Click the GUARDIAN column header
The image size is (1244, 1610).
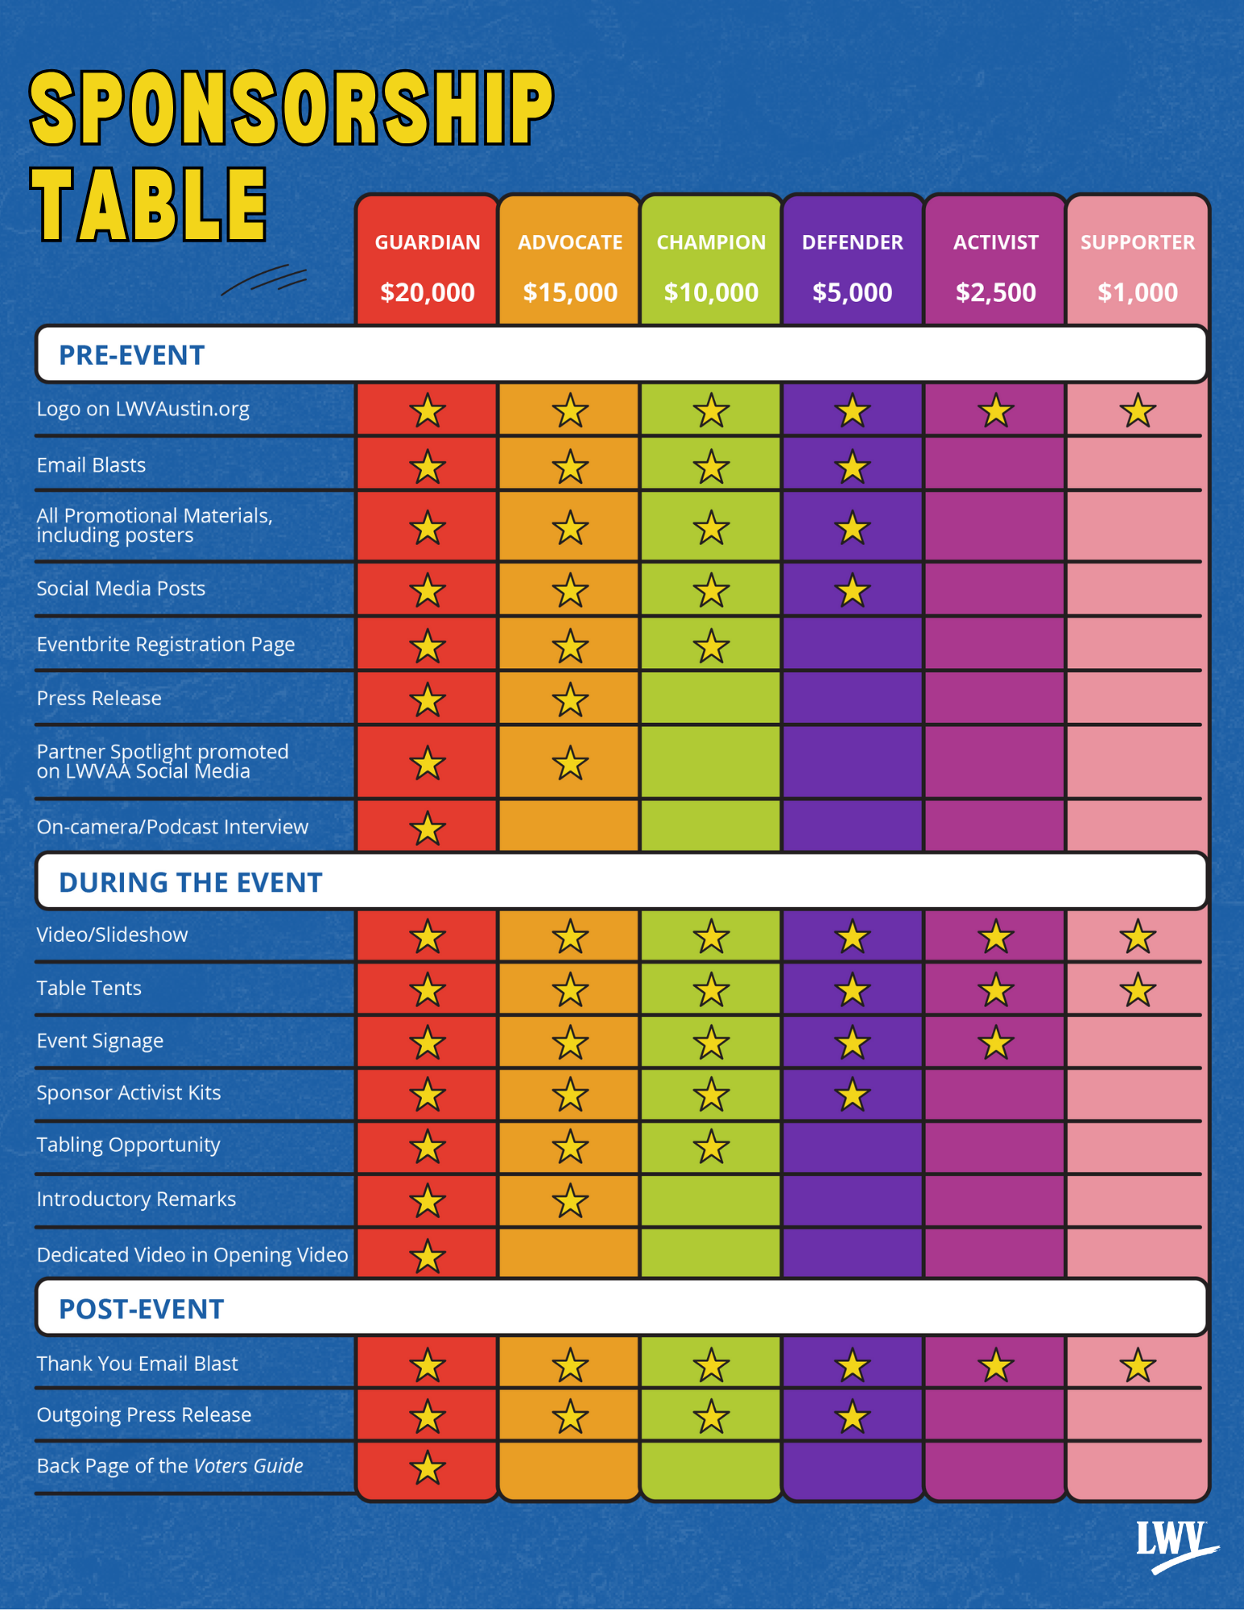click(x=428, y=242)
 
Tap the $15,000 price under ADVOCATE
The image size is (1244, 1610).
click(x=570, y=292)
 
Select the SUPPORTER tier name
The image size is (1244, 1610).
click(x=1137, y=242)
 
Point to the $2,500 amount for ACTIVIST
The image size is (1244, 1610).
click(x=995, y=292)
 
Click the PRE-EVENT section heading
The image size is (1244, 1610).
click(x=132, y=355)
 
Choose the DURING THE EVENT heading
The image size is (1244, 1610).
click(x=191, y=882)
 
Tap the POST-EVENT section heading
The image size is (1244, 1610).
click(x=142, y=1309)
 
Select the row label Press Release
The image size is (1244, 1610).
click(x=99, y=698)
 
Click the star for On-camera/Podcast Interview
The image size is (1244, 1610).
click(x=428, y=828)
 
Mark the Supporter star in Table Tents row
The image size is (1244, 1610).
click(x=1137, y=990)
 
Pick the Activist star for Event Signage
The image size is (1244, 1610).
click(x=995, y=1043)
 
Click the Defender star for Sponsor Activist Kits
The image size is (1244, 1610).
click(x=852, y=1096)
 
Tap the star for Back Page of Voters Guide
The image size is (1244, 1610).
click(x=428, y=1468)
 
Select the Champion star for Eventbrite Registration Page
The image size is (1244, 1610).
click(x=711, y=646)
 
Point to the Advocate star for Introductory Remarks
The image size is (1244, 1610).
click(x=570, y=1201)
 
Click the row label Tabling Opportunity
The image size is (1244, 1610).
click(x=128, y=1145)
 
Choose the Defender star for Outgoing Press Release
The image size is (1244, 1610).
click(x=852, y=1417)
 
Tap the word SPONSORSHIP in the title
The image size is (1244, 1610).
click(x=291, y=108)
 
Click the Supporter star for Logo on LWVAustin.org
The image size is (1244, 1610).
click(x=1137, y=411)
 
